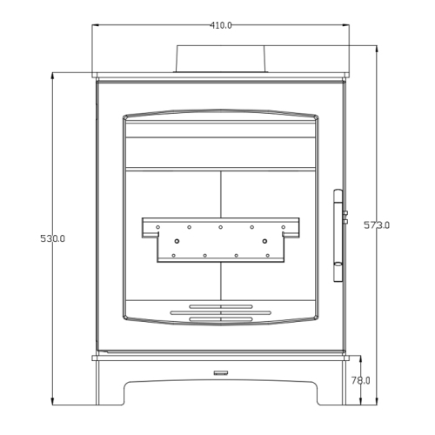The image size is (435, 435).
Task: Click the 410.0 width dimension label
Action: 221,25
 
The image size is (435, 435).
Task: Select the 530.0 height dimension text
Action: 53,238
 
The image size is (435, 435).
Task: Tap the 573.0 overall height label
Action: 377,225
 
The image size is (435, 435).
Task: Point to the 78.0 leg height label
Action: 361,381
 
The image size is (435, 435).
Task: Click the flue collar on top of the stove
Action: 221,59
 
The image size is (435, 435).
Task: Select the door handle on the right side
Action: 338,235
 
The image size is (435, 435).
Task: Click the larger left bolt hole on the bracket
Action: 177,241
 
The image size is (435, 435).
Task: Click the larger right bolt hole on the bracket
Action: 264,241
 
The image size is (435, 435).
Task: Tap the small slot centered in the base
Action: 221,373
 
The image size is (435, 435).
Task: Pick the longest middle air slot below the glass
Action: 221,312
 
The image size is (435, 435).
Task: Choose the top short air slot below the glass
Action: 221,306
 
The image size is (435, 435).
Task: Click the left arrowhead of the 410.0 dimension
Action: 95,25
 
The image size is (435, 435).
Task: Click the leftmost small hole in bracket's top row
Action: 157,227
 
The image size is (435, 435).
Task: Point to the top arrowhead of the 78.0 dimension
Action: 361,358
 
